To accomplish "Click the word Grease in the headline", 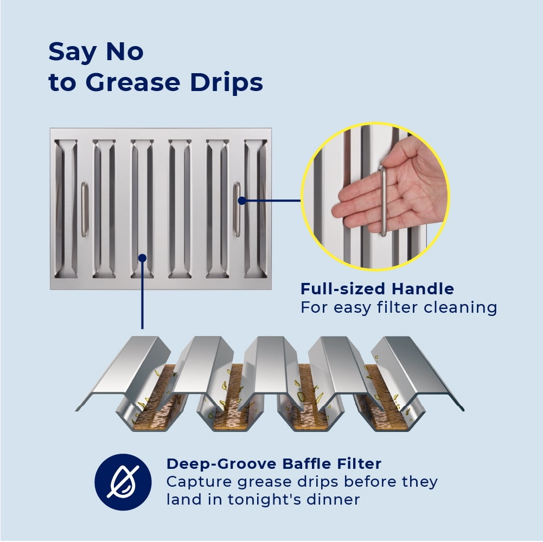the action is tap(133, 82).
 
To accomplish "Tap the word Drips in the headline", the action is tap(227, 82).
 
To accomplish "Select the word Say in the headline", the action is tap(72, 52).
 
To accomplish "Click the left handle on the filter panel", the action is tap(85, 209).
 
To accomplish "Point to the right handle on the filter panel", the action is tap(237, 209).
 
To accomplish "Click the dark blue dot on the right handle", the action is tap(242, 201).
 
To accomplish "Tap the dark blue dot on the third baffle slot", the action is tap(142, 258).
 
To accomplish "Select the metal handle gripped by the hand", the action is tap(383, 201).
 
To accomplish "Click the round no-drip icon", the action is tap(123, 482).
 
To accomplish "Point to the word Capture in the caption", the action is tap(197, 482).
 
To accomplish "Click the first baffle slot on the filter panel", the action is tap(66, 209).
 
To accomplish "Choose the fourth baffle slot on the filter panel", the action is tap(180, 209).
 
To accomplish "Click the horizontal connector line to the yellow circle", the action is tap(271, 201).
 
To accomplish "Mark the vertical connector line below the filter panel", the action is tap(142, 294).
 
